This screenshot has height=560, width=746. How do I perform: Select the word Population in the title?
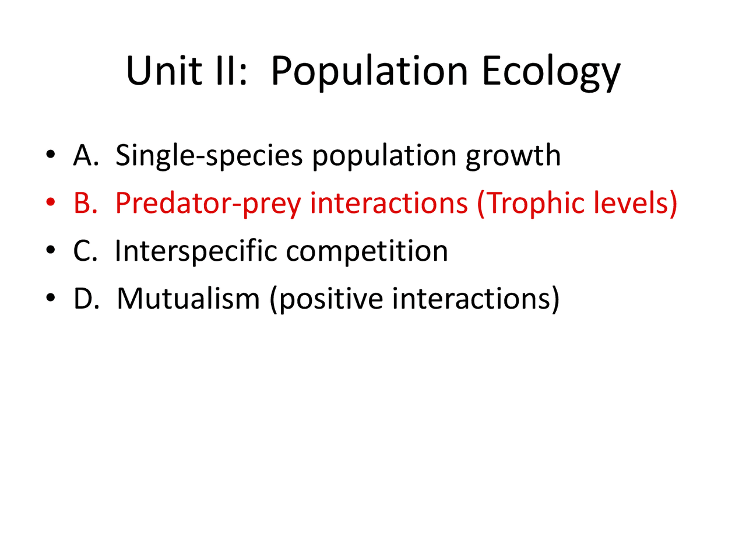pos(369,71)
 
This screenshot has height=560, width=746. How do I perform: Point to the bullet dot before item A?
pos(51,155)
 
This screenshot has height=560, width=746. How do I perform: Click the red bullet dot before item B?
pos(51,203)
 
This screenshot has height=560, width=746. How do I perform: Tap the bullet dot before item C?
pos(51,251)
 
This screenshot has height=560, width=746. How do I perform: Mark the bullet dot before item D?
pos(51,299)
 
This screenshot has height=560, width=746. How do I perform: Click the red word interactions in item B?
pos(388,203)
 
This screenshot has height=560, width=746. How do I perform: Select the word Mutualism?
pos(188,299)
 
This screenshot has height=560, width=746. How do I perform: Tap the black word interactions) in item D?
pos(476,299)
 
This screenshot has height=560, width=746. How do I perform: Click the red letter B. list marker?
pos(85,203)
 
